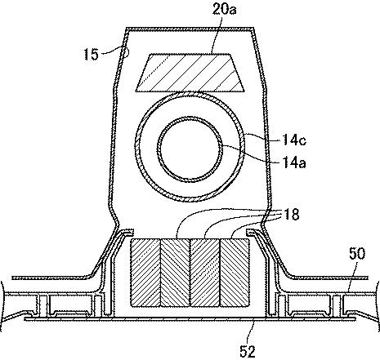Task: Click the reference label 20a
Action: coord(224,9)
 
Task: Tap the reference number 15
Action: coord(91,55)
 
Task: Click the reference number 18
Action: coord(291,214)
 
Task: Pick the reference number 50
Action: coord(357,254)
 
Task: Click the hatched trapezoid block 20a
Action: coord(190,72)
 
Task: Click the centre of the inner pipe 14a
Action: coord(190,149)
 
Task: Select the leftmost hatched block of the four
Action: coord(145,273)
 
